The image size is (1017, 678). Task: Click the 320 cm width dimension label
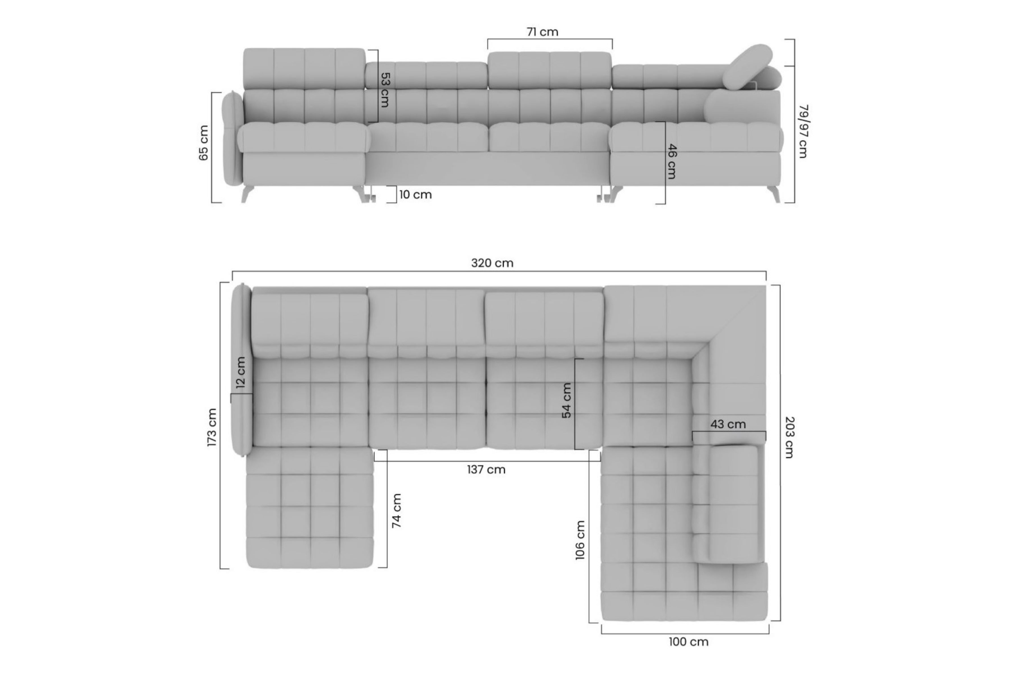tap(492, 263)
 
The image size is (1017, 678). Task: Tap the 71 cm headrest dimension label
tap(542, 32)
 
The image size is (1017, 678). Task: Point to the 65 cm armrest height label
tap(203, 143)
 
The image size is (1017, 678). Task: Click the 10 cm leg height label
tap(415, 195)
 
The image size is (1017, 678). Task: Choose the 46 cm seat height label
tap(672, 161)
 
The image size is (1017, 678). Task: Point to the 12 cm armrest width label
tap(241, 372)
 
